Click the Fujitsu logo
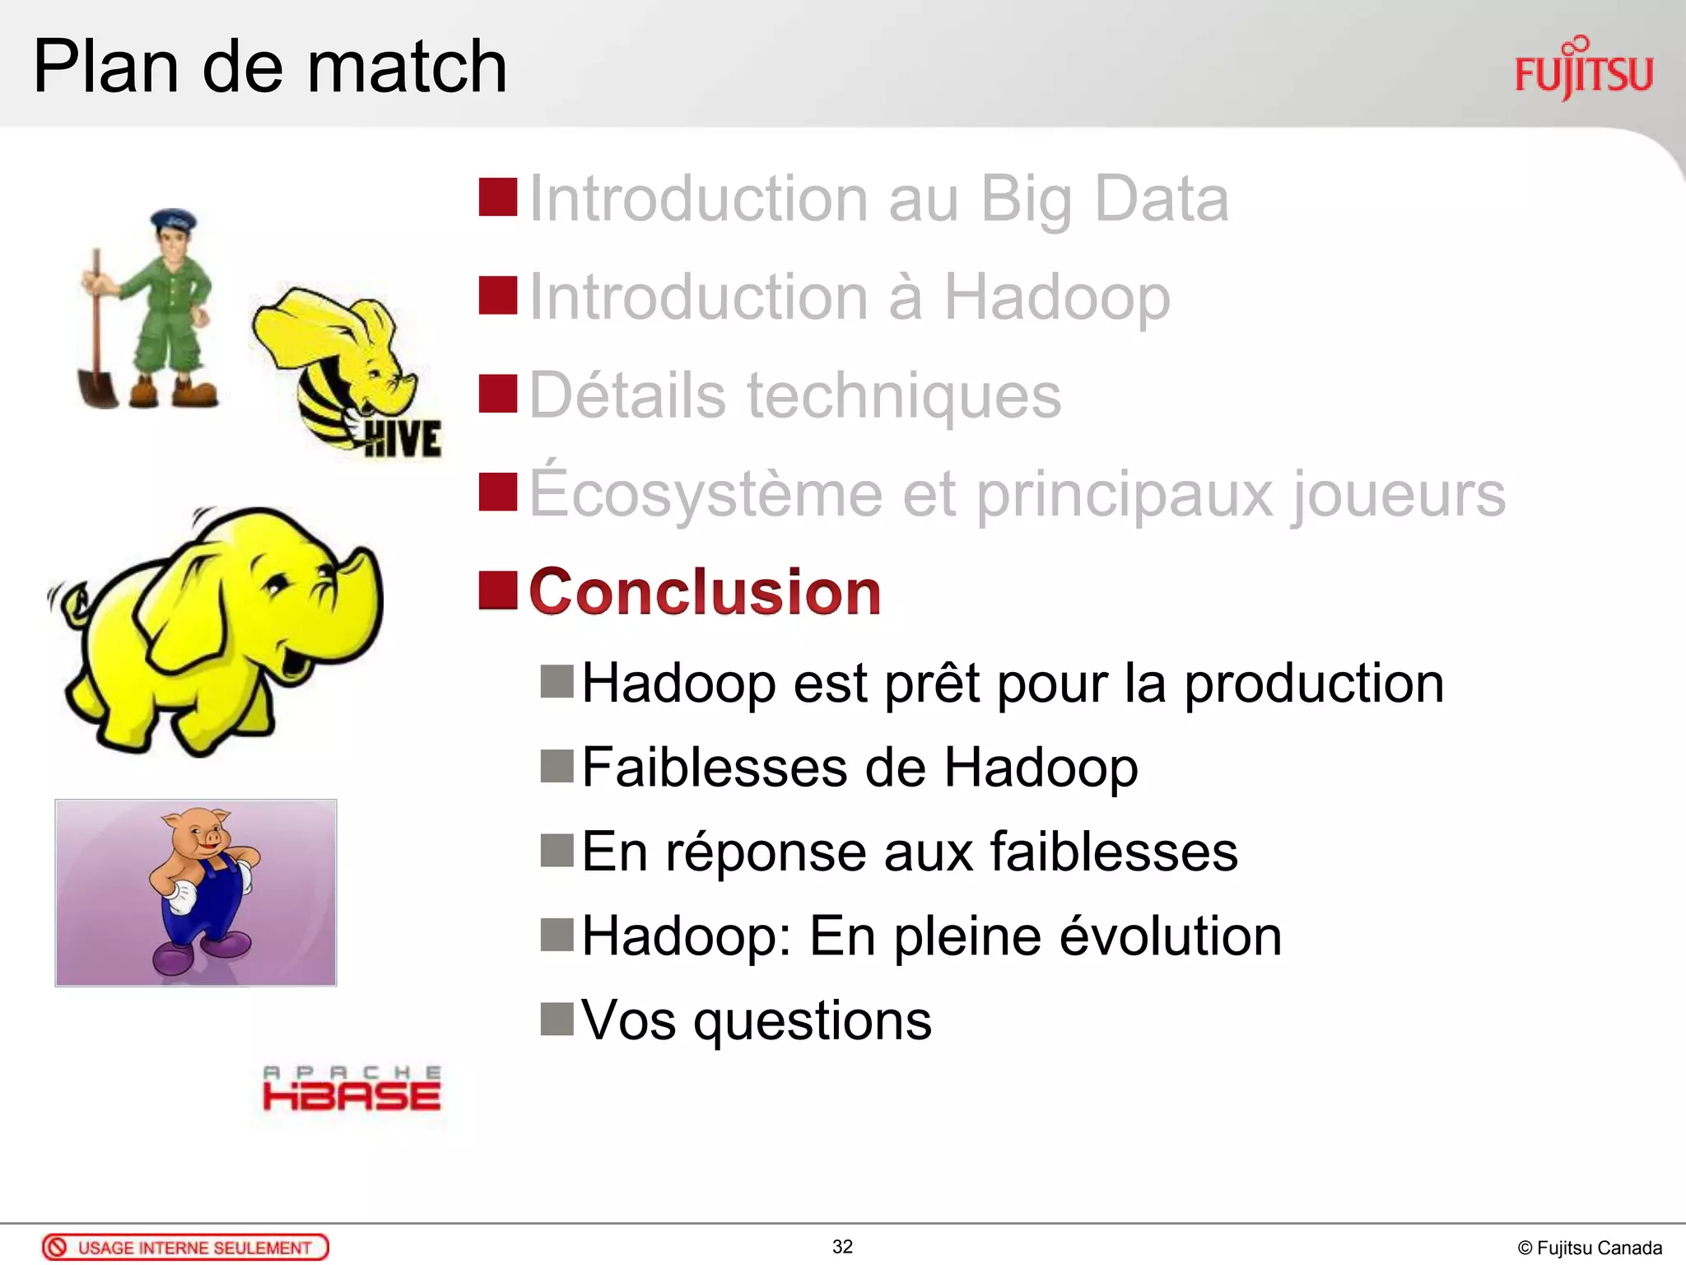pos(1583,70)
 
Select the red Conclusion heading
pos(705,592)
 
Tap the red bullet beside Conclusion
pos(498,590)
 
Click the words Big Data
pos(1104,199)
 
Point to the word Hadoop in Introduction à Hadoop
pos(1056,297)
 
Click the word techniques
pos(903,396)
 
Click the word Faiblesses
pos(713,768)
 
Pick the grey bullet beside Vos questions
pos(557,1019)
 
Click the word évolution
pos(1170,936)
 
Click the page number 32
pos(842,1247)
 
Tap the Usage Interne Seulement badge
pos(185,1248)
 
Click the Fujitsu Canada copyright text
pos(1589,1249)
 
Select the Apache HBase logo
pos(352,1089)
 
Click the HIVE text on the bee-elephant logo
pos(403,438)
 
